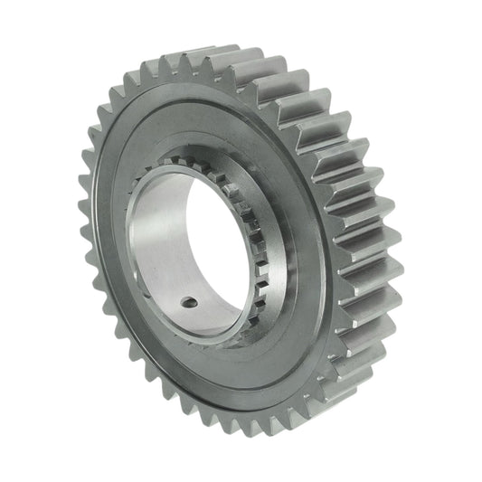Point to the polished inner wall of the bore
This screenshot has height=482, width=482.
(x=163, y=253)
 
